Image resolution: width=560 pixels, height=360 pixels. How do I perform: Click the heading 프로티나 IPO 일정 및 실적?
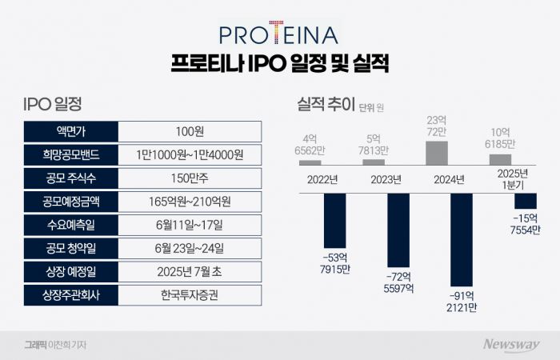tap(279, 64)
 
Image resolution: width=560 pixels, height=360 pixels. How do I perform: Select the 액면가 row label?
tap(71, 131)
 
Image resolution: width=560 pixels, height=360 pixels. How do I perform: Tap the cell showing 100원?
tap(189, 131)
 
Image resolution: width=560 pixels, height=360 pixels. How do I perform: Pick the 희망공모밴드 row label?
tap(71, 154)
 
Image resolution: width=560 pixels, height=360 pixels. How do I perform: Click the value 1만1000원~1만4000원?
tap(189, 154)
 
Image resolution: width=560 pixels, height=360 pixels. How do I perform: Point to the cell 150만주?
tap(189, 178)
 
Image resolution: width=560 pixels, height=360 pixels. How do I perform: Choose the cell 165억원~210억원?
tap(189, 201)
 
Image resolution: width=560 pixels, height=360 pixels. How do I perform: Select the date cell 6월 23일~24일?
tap(189, 248)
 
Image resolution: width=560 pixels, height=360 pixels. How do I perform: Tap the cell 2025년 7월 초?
tap(189, 271)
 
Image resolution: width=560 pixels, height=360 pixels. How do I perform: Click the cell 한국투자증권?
tap(189, 294)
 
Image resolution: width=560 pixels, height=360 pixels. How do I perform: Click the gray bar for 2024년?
tap(436, 153)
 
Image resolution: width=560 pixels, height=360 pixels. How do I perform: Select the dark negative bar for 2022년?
tap(334, 220)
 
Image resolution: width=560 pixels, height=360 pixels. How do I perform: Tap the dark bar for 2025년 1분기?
tap(525, 202)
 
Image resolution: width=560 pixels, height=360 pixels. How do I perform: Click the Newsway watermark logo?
tap(510, 344)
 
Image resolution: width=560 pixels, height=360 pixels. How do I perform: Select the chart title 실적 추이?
tap(326, 104)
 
